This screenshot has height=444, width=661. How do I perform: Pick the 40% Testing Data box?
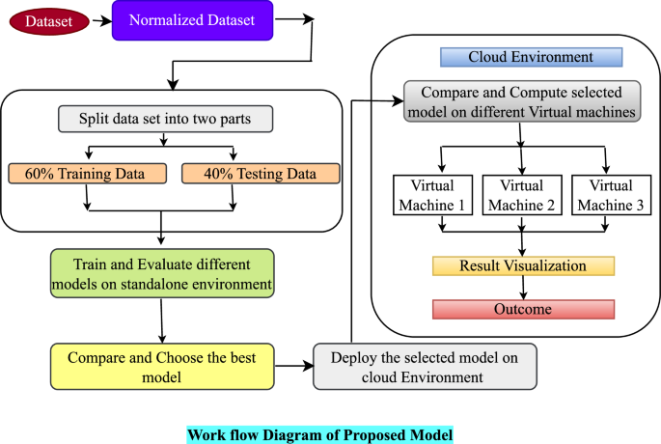(261, 174)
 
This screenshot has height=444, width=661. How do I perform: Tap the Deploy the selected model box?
(425, 367)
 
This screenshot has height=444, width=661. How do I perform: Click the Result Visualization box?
(522, 265)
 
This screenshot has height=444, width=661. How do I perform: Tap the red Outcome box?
(522, 309)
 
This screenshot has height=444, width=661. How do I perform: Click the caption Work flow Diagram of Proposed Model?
(319, 433)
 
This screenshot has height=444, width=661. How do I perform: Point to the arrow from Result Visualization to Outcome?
(522, 288)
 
